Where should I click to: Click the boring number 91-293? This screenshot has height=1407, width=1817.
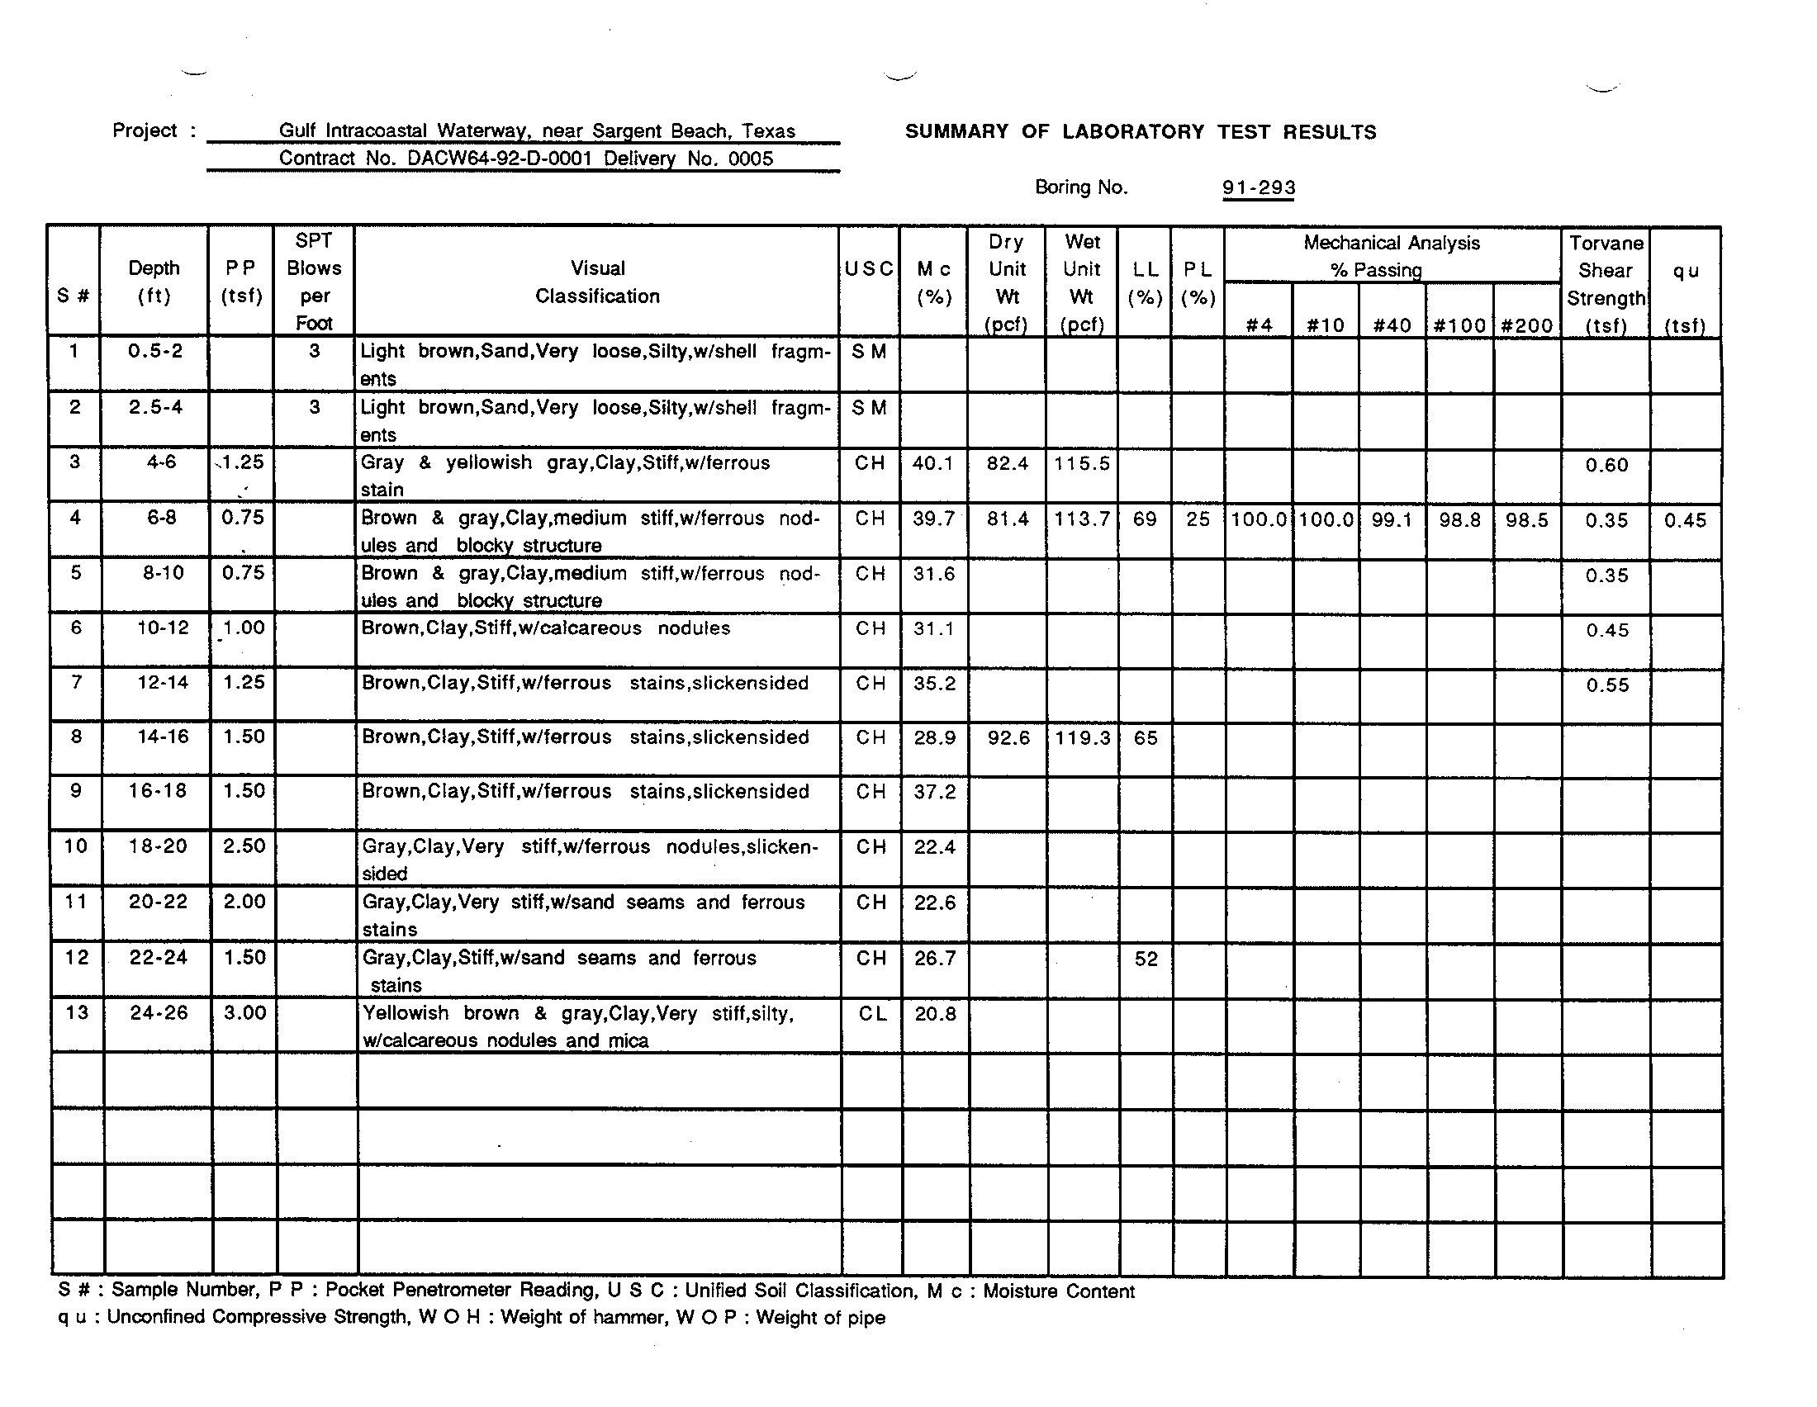pos(1258,188)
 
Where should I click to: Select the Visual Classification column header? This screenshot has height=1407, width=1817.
pos(597,282)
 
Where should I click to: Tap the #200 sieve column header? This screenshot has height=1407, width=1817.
pos(1526,325)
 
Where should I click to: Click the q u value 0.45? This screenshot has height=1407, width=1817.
pos(1685,520)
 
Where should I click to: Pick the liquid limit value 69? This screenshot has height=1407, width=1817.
pos(1145,519)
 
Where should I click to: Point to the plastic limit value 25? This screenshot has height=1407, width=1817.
pos(1198,519)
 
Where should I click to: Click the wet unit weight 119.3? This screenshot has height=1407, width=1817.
pos(1082,737)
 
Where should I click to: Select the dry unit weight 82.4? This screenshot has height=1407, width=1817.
pos(1007,464)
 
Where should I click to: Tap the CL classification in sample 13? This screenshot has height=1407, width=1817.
pos(872,1014)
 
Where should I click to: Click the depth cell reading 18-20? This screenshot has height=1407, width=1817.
pos(158,846)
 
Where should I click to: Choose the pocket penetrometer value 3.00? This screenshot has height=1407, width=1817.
pos(244,1013)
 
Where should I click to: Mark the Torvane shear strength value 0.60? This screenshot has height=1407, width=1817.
pos(1606,465)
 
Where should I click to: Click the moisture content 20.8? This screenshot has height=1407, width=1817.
pos(935,1014)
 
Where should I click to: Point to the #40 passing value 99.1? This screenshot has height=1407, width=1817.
pos(1392,519)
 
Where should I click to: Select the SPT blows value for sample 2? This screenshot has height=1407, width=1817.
pos(314,407)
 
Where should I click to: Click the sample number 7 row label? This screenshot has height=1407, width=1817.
pos(76,683)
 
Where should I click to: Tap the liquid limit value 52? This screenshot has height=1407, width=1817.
pos(1146,959)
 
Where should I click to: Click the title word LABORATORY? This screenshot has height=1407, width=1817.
pos(1133,132)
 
